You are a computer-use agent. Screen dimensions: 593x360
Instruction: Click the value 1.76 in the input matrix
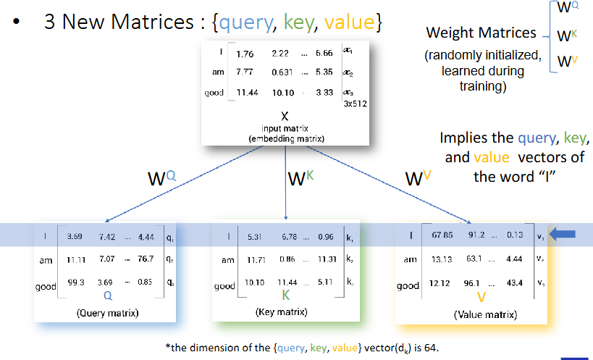(245, 54)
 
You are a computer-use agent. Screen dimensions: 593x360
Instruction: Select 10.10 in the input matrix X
(283, 92)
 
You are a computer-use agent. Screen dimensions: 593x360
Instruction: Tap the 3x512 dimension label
(355, 104)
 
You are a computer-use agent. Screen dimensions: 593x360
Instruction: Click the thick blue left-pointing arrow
(562, 235)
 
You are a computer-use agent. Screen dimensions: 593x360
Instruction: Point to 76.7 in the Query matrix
(146, 259)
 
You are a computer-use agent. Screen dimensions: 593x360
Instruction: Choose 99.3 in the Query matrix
(75, 282)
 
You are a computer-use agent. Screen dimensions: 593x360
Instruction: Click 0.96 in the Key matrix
(326, 237)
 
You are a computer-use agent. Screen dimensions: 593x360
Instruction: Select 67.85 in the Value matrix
(442, 235)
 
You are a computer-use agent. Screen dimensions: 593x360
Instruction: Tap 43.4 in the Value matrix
(515, 282)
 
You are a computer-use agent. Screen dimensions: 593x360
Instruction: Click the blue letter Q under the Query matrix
(108, 296)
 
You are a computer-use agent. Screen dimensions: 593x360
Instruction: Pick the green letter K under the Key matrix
(285, 295)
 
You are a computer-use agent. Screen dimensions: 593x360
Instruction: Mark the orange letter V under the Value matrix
(481, 297)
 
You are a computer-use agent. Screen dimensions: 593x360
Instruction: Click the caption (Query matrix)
(108, 313)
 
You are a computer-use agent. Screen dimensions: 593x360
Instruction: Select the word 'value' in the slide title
(349, 22)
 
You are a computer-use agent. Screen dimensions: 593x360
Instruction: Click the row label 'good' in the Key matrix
(224, 286)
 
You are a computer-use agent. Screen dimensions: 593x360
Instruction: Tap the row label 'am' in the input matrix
(218, 72)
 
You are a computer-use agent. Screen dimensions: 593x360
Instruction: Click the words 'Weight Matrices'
(481, 33)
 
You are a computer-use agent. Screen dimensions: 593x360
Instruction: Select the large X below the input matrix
(285, 117)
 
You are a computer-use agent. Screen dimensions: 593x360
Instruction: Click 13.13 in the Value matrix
(442, 259)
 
